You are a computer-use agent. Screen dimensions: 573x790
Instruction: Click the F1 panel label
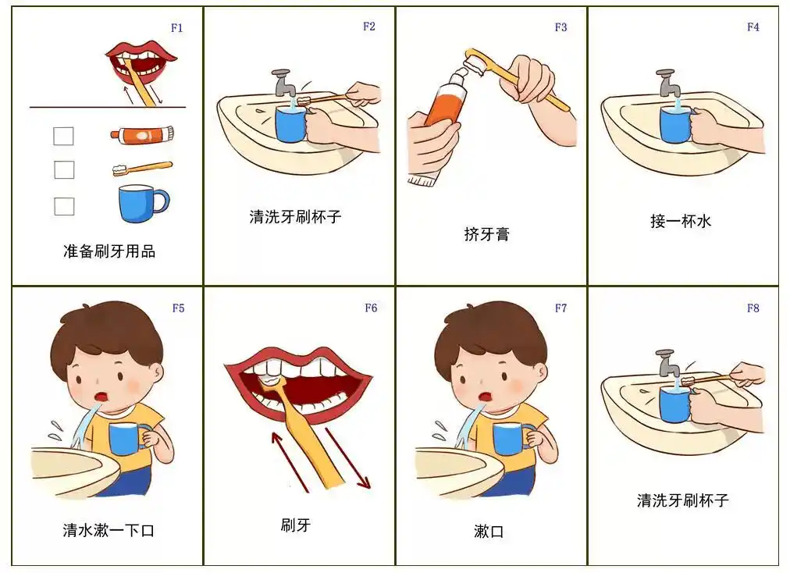pyautogui.click(x=177, y=28)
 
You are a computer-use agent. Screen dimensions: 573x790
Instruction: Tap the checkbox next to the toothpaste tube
pyautogui.click(x=63, y=136)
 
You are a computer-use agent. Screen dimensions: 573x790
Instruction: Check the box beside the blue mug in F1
pyautogui.click(x=64, y=206)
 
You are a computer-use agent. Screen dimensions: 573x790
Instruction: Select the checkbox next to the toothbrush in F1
pyautogui.click(x=64, y=169)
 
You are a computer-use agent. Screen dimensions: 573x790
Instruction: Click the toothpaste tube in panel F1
pyautogui.click(x=141, y=135)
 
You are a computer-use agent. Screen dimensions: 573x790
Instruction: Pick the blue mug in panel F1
pyautogui.click(x=141, y=203)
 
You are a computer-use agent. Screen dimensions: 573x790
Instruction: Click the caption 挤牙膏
pyautogui.click(x=486, y=234)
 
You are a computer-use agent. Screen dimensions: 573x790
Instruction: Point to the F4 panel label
pyautogui.click(x=753, y=27)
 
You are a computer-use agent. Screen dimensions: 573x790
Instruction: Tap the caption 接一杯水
pyautogui.click(x=681, y=221)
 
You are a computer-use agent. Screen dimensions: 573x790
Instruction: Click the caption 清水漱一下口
pyautogui.click(x=109, y=530)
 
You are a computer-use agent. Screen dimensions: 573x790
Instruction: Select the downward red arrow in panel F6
pyautogui.click(x=348, y=457)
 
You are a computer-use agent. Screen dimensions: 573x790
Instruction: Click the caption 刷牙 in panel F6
pyautogui.click(x=295, y=525)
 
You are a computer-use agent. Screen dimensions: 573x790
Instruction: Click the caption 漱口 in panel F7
pyautogui.click(x=489, y=532)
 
